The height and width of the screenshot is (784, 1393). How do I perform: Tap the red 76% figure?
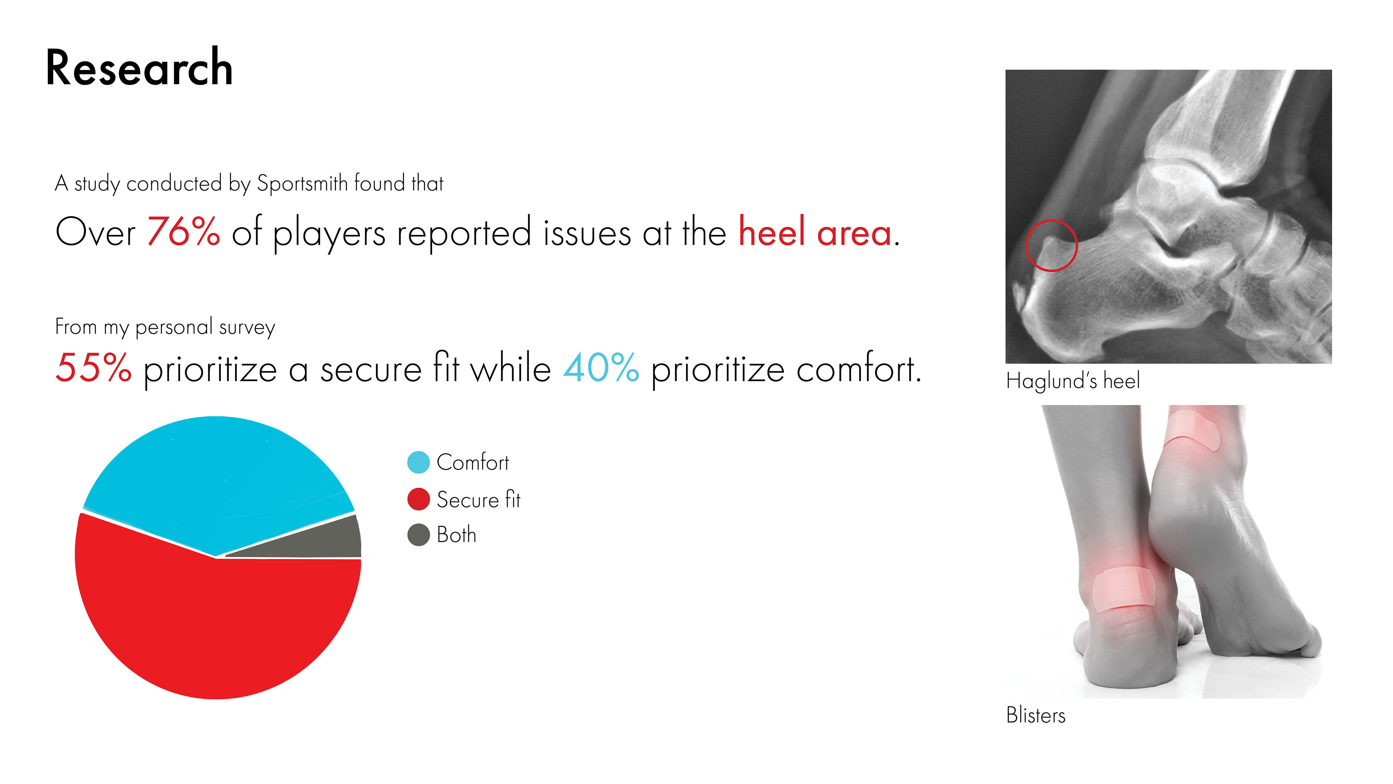tap(184, 231)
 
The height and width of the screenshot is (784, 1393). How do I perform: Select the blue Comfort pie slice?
tap(219, 476)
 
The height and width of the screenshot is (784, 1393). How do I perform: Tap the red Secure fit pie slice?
tap(216, 622)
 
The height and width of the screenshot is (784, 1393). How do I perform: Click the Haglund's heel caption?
tap(1073, 381)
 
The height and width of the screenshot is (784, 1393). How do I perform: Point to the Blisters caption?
tap(1036, 715)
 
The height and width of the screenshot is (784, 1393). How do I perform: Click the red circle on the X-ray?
tap(1026, 245)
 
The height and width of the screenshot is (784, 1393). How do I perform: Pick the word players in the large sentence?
tap(329, 234)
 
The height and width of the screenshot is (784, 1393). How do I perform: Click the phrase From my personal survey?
tap(165, 327)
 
